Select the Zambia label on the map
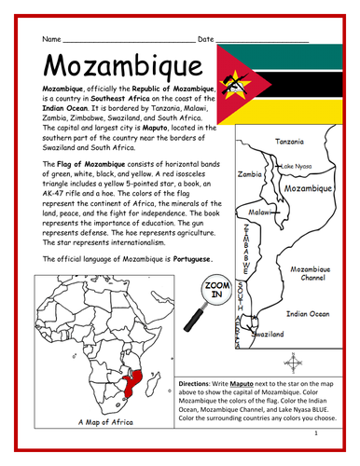click(x=249, y=173)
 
